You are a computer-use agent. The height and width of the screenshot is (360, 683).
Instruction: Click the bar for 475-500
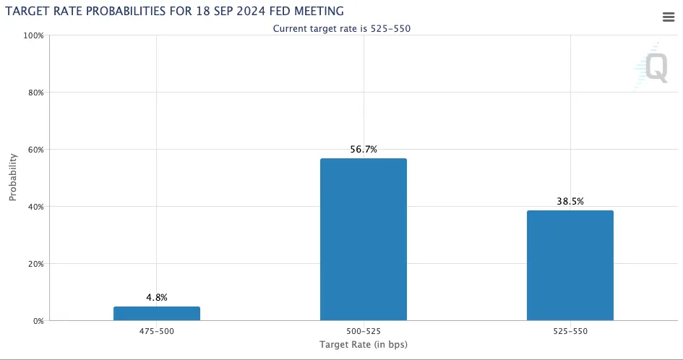point(156,314)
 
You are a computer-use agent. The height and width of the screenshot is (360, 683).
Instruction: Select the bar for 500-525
point(363,239)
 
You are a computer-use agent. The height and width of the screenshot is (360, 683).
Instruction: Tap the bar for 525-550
point(570,265)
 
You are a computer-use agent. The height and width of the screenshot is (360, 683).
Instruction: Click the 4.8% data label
point(156,296)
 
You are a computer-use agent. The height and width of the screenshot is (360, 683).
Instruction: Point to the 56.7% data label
point(363,149)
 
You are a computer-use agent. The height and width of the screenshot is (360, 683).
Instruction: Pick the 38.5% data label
point(570,201)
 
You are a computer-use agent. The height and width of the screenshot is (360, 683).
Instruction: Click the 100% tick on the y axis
point(34,35)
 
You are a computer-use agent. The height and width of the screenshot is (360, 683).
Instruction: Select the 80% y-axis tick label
point(35,93)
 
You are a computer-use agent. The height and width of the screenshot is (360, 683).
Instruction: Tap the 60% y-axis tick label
point(35,150)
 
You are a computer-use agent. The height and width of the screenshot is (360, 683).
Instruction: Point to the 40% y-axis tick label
point(35,207)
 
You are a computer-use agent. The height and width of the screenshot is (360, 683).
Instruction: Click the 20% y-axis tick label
point(35,264)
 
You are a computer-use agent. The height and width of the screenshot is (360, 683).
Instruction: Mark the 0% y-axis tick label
point(38,321)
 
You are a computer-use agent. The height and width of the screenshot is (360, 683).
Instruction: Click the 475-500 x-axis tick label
point(156,331)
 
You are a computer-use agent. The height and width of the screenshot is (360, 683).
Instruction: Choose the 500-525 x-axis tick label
point(363,331)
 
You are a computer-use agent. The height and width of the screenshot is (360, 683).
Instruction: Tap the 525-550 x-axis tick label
point(570,331)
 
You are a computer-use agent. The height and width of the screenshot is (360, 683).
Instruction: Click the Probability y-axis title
point(13,178)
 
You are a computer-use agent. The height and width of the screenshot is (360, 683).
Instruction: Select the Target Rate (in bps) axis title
point(363,345)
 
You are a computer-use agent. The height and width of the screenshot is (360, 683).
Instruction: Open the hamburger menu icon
point(668,17)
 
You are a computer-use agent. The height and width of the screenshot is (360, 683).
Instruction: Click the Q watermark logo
point(655,68)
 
